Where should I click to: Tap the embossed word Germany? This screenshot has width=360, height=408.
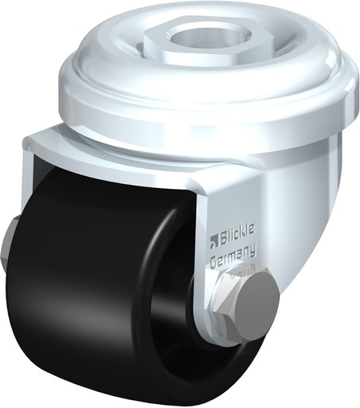233,257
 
